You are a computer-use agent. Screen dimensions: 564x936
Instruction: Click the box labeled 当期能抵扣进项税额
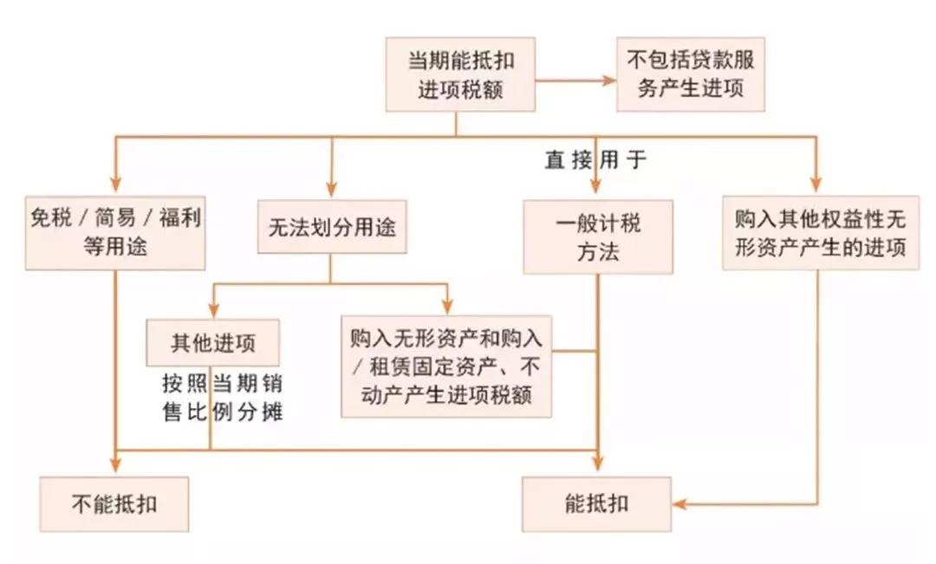[460, 75]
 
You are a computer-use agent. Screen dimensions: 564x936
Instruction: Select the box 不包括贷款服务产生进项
[691, 75]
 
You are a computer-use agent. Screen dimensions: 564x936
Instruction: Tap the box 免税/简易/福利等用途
[115, 231]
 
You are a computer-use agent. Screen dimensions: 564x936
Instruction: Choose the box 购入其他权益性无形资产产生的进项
[820, 231]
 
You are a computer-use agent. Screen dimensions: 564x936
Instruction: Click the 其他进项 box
[213, 342]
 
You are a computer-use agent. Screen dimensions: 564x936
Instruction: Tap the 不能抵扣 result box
[114, 503]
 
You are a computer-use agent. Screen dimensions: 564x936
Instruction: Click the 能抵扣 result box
[597, 503]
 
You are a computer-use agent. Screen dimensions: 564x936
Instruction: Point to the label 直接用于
[595, 160]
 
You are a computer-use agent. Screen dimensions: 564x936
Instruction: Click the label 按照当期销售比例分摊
[222, 397]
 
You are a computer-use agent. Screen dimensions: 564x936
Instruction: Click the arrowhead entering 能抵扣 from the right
[680, 504]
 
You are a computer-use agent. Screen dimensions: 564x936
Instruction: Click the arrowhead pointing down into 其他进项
[212, 310]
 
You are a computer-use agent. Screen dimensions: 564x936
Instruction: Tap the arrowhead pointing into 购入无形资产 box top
[447, 306]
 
